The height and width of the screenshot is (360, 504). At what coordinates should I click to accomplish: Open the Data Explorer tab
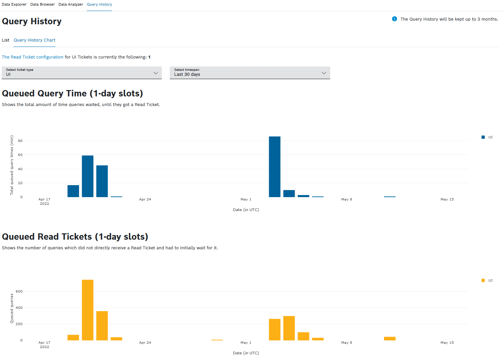[14, 5]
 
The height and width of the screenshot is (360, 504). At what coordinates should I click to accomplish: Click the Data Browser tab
[43, 5]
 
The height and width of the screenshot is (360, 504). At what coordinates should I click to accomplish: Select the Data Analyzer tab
[71, 5]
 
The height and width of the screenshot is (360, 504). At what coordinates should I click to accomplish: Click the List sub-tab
[6, 40]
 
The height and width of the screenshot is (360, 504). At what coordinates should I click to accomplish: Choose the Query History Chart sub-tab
[35, 40]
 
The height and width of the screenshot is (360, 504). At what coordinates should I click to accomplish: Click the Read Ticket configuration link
[33, 57]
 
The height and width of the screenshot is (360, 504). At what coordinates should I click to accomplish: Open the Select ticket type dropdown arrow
[155, 73]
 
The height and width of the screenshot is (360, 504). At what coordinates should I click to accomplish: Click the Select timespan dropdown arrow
[324, 73]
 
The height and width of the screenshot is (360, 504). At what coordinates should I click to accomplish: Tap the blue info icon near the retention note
[394, 19]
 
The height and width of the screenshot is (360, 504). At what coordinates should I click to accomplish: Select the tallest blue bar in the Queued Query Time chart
[274, 167]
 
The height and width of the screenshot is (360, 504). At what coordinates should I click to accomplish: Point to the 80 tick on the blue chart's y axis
[20, 141]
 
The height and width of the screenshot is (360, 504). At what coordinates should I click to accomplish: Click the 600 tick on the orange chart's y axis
[19, 292]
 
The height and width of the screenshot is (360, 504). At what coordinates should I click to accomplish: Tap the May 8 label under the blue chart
[347, 199]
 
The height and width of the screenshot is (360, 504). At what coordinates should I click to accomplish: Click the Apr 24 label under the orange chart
[145, 343]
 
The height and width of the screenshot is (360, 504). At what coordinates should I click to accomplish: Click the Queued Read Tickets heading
[75, 237]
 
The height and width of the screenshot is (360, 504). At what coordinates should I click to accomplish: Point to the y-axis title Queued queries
[12, 308]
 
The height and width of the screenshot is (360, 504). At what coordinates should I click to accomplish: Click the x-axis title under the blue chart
[246, 210]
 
